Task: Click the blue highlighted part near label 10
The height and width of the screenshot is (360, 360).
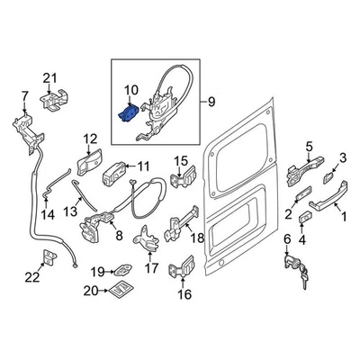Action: [x=128, y=113]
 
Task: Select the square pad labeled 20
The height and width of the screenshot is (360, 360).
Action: [x=121, y=289]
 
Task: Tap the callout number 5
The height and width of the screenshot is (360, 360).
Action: [x=310, y=148]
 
